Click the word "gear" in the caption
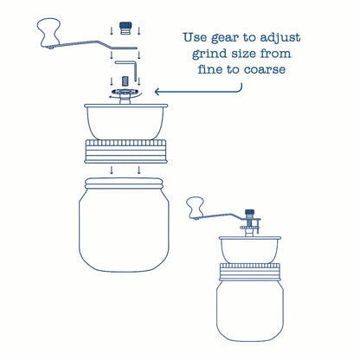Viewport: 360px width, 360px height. [x=225, y=38]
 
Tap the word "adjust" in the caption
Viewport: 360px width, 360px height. [x=280, y=38]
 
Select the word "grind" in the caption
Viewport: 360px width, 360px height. [x=209, y=54]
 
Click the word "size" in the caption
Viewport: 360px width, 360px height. [x=243, y=54]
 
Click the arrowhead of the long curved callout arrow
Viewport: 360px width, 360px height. [x=157, y=92]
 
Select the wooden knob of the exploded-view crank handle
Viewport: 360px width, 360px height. [x=48, y=32]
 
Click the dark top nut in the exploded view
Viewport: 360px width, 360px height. [x=125, y=28]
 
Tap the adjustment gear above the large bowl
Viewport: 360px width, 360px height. [x=125, y=93]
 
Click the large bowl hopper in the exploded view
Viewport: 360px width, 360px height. [x=125, y=122]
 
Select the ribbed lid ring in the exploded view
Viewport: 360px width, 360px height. [x=126, y=151]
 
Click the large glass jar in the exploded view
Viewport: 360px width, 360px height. [x=124, y=225]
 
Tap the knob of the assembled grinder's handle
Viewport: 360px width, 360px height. [x=195, y=207]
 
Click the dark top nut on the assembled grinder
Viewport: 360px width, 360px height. [x=249, y=213]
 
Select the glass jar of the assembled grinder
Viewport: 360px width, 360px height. [x=250, y=310]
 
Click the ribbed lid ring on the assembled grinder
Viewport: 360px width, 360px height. [x=250, y=272]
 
